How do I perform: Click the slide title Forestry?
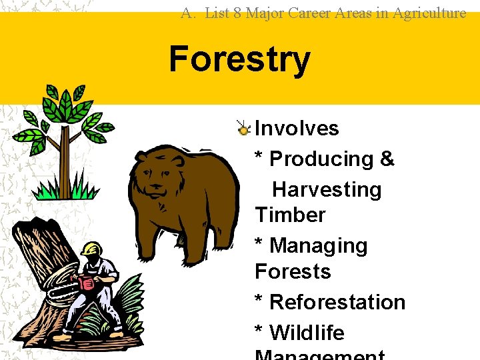tap(239, 59)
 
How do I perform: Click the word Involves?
tap(297, 128)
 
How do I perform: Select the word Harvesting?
tap(327, 189)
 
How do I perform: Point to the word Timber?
tap(290, 215)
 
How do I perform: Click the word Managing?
tap(318, 246)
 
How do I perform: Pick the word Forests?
tap(293, 271)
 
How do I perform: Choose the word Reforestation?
tap(337, 302)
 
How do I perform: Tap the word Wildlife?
tap(307, 332)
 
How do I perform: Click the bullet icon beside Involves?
tap(245, 128)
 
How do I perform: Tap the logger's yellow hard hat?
tap(90, 249)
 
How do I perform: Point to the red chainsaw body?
tap(87, 283)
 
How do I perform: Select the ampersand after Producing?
tap(387, 159)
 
